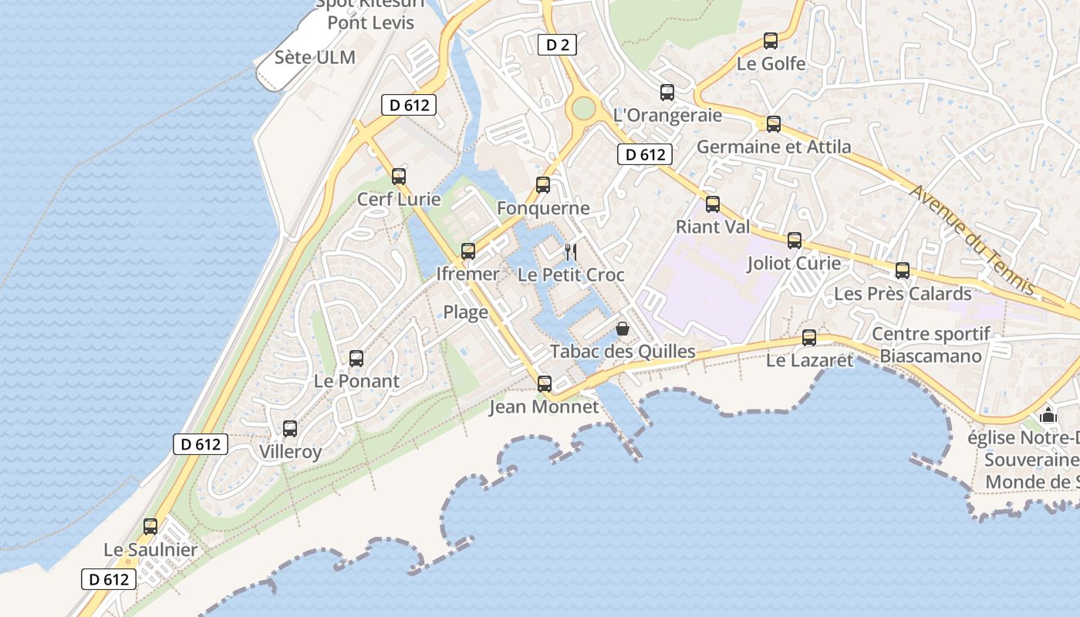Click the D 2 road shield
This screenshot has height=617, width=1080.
557,45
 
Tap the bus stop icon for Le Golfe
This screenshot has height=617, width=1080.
770,41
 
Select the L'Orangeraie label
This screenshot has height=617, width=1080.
667,115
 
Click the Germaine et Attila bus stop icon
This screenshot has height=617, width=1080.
773,123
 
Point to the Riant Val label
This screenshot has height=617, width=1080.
712,227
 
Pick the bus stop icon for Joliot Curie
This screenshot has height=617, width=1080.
795,241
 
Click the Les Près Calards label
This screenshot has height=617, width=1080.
903,294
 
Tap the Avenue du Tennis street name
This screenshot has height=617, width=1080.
974,239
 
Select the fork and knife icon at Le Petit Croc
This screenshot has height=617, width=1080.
571,251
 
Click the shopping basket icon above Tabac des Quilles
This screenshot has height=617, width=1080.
623,329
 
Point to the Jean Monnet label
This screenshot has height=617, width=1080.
544,406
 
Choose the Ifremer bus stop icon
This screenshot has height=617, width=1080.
468,251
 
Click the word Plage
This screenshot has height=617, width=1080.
465,312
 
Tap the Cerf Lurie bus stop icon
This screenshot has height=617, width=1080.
399,176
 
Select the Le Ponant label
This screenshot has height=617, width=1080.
356,381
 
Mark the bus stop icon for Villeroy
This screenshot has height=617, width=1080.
290,429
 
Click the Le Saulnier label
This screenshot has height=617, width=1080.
150,551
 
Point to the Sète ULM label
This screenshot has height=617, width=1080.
315,57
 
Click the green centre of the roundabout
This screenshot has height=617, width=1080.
583,108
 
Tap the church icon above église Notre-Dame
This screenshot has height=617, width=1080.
1048,415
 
